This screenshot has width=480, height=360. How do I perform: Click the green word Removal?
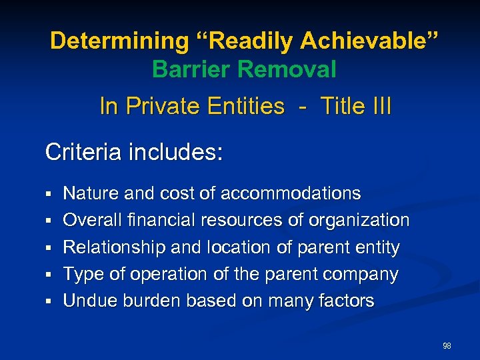(x=290, y=69)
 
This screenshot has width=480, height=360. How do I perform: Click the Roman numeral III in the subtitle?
(x=379, y=106)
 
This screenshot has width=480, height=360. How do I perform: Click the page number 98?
(x=447, y=346)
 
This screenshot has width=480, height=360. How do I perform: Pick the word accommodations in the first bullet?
(x=290, y=194)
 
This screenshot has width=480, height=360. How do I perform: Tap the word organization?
(x=363, y=221)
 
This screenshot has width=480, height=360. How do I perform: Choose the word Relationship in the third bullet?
(x=114, y=247)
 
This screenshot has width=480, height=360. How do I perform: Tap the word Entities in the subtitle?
(x=246, y=106)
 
